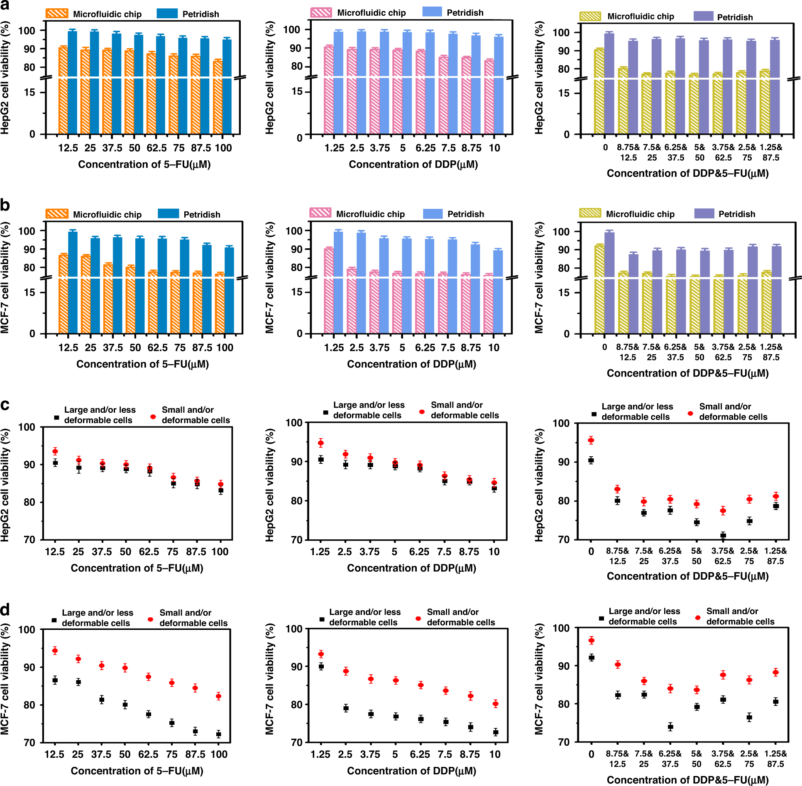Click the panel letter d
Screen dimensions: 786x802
pyautogui.click(x=5, y=610)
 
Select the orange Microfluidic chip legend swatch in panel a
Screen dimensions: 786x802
pyautogui.click(x=57, y=13)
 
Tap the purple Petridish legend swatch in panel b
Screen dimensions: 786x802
pyautogui.click(x=704, y=213)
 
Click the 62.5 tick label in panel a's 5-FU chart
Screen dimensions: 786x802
pyautogui.click(x=156, y=148)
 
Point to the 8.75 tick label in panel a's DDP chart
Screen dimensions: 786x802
pyautogui.click(x=471, y=148)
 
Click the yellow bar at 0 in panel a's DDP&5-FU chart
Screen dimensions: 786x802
pyautogui.click(x=599, y=91)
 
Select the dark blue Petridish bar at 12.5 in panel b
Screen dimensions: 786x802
pyautogui.click(x=73, y=282)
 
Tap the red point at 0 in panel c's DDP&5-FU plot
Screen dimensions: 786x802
pyautogui.click(x=591, y=440)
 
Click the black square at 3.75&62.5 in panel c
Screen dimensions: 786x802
pyautogui.click(x=723, y=536)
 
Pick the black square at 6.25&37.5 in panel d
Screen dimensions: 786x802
pyautogui.click(x=670, y=727)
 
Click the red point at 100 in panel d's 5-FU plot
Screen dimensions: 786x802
pyautogui.click(x=218, y=696)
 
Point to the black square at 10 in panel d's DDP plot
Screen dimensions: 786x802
pyautogui.click(x=495, y=732)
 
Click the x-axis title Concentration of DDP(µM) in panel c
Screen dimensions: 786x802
pyautogui.click(x=411, y=568)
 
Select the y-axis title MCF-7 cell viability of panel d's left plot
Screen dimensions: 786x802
pyautogui.click(x=5, y=679)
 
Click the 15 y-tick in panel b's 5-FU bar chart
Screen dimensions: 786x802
pyautogui.click(x=29, y=292)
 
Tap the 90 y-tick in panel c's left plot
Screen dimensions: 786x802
pyautogui.click(x=29, y=465)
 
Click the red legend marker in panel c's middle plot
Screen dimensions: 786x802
pyautogui.click(x=422, y=411)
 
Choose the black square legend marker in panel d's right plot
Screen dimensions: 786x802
pyautogui.click(x=601, y=618)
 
